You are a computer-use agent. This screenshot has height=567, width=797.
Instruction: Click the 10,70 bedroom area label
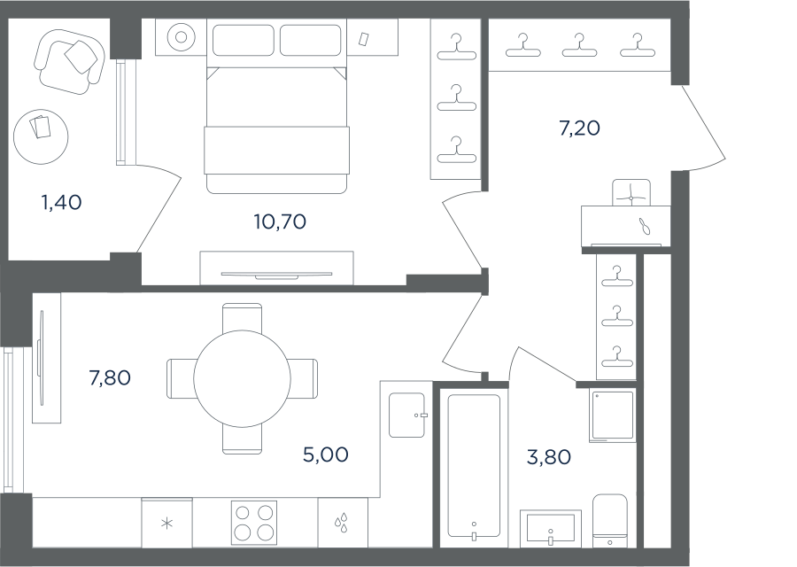click(x=280, y=221)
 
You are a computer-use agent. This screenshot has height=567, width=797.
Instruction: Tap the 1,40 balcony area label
click(x=61, y=202)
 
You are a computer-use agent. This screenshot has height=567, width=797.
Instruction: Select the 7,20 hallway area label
click(x=579, y=128)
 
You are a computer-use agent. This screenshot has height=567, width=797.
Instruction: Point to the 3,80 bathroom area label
click(x=549, y=456)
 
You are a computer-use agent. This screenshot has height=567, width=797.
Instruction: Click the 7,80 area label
click(x=110, y=377)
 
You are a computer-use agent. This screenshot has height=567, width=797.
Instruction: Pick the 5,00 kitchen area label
click(x=326, y=454)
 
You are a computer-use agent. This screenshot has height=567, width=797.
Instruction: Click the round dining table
click(x=242, y=379)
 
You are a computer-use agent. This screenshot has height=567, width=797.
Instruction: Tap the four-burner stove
click(x=254, y=522)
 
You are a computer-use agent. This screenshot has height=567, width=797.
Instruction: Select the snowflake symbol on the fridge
click(x=166, y=524)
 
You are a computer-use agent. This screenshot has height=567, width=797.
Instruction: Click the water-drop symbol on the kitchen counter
click(x=342, y=522)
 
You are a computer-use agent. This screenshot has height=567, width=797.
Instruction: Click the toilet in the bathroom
click(x=610, y=520)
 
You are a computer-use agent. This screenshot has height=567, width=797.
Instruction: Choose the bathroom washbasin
click(x=551, y=528)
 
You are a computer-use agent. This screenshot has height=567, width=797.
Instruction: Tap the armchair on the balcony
click(x=70, y=61)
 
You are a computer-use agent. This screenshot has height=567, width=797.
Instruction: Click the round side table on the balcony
click(x=41, y=136)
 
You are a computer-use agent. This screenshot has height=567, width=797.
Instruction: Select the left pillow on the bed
click(x=243, y=40)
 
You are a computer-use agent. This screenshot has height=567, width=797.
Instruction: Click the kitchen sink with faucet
click(x=407, y=415)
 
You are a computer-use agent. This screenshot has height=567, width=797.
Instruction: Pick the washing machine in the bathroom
click(x=613, y=416)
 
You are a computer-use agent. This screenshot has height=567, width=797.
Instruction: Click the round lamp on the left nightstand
click(x=181, y=37)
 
